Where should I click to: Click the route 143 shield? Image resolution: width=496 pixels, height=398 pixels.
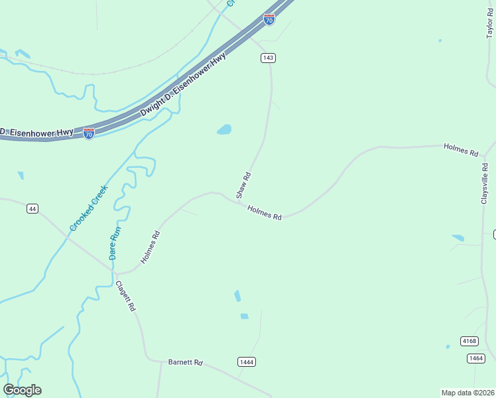(267, 58)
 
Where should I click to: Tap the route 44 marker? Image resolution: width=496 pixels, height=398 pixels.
(32, 209)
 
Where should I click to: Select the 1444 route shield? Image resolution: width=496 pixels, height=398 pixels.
(246, 362)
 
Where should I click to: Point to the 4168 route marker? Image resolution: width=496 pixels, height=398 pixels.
(469, 341)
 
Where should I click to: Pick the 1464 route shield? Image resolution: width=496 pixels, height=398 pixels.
(475, 358)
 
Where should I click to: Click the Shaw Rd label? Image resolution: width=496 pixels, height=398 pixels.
(243, 185)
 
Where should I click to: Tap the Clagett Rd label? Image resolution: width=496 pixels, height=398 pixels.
(125, 297)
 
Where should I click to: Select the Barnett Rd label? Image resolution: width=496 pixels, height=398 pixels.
(185, 363)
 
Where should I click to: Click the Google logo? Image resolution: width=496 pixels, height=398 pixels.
(23, 390)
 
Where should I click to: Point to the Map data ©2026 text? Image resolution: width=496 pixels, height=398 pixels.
(468, 393)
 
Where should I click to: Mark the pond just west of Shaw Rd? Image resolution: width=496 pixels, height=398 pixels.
(224, 130)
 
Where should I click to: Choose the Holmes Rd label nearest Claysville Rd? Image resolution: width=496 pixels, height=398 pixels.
(461, 149)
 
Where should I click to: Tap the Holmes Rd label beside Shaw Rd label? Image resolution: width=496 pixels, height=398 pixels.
(265, 213)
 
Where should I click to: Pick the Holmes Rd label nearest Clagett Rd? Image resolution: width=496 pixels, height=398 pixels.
(151, 246)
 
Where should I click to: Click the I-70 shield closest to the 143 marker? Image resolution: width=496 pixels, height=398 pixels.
(269, 19)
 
